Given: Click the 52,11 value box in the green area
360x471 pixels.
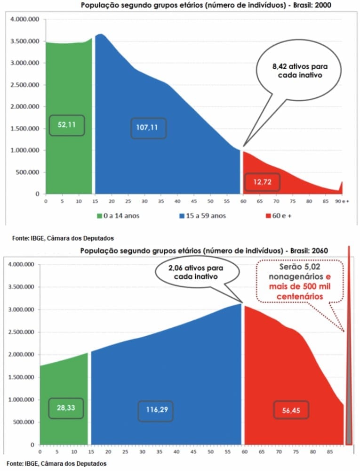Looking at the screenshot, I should tap(67, 125).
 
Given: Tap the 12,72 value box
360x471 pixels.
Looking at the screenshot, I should tap(262, 182).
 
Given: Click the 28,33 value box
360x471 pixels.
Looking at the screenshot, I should tap(66, 408).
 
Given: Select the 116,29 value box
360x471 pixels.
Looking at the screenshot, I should tap(156, 411).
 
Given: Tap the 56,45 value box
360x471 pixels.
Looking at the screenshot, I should tap(292, 411).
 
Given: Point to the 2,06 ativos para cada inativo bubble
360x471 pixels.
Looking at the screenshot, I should tap(196, 272).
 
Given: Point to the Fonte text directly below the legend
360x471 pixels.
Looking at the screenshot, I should tap(59, 238).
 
